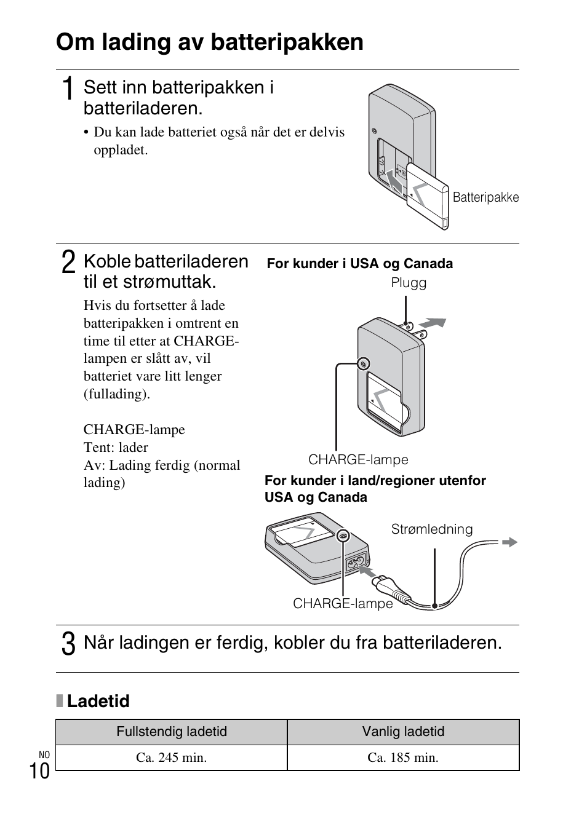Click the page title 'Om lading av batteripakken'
coord(209,42)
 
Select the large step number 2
coord(69,263)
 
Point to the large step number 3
coord(69,644)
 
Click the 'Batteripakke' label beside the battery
coord(485,197)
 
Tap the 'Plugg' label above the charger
coord(409,283)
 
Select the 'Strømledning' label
coord(432,529)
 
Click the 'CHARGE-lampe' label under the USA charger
coord(358,460)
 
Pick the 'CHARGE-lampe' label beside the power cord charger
coord(343,604)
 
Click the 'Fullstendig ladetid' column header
coord(172,732)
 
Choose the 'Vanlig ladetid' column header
coord(403,732)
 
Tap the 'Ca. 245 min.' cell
coord(172,758)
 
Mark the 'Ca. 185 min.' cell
coord(403,758)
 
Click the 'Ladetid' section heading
coord(98,702)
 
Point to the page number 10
coord(39,770)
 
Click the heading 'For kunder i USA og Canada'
coord(359,264)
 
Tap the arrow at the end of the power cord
coord(509,542)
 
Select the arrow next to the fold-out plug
coord(433,323)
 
